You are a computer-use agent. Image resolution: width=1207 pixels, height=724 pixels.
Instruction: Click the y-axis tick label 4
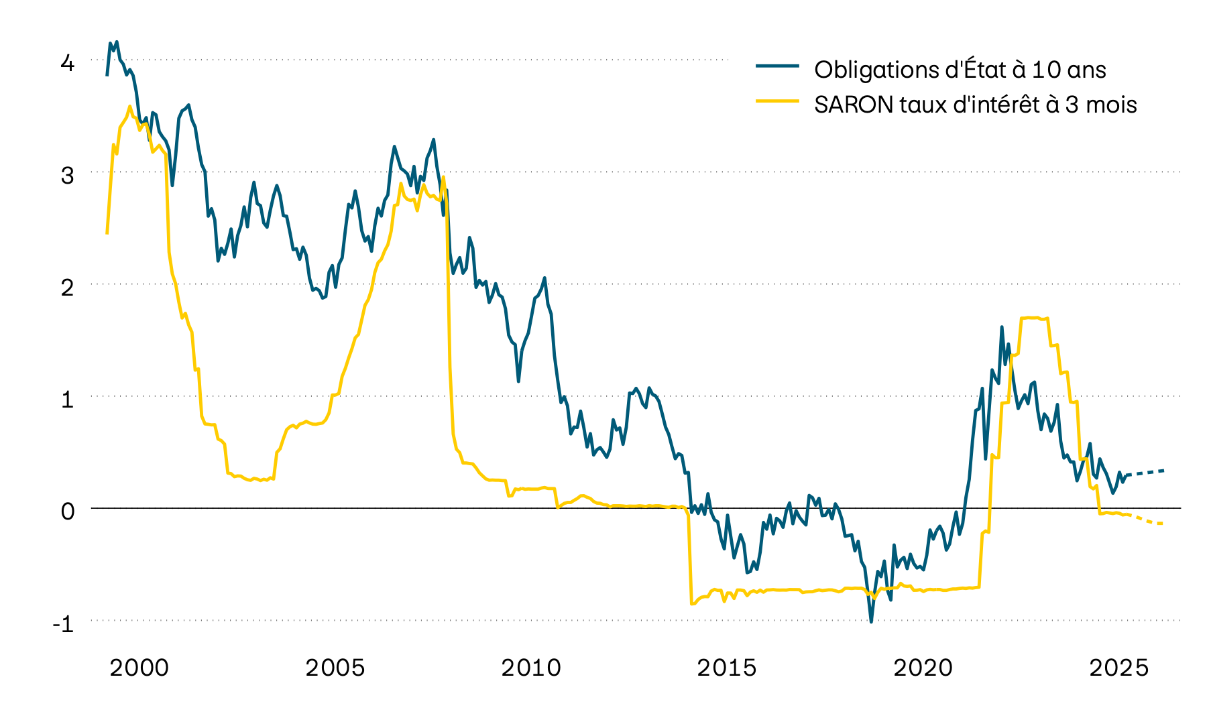point(67,64)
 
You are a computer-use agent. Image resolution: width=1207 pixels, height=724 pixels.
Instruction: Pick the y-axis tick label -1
point(64,624)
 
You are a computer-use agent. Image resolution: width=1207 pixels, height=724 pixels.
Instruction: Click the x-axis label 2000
point(139,668)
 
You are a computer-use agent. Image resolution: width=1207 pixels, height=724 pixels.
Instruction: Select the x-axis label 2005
point(335,668)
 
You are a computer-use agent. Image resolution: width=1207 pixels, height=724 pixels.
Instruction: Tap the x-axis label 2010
point(531,668)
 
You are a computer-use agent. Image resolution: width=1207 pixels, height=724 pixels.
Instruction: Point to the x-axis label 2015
point(727,668)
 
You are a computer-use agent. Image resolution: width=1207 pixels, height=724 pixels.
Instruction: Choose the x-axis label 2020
point(923,668)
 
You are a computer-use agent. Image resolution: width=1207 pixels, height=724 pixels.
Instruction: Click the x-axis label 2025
point(1118,668)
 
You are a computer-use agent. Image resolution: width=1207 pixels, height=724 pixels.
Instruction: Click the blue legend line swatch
point(777,66)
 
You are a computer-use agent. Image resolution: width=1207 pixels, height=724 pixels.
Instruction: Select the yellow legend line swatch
point(777,101)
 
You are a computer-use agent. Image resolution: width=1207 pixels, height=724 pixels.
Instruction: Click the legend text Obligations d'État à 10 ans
point(960,70)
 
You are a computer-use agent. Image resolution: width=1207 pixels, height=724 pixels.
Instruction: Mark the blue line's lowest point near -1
point(871,621)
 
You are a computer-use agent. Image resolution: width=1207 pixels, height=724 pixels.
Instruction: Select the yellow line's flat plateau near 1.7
point(1033,318)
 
